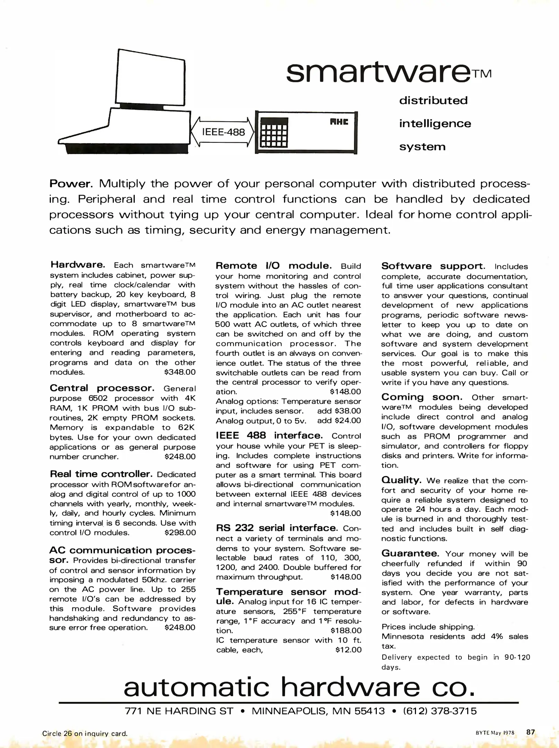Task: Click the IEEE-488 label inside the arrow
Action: tap(223, 132)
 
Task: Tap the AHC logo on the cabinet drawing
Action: tap(339, 122)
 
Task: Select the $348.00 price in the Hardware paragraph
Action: tap(180, 372)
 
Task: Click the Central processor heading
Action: tap(102, 388)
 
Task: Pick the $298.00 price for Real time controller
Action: tap(180, 533)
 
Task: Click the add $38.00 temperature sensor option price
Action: tap(339, 411)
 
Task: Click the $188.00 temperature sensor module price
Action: tap(346, 631)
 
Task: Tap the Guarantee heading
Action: tap(410, 553)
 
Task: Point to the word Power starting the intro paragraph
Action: tap(71, 183)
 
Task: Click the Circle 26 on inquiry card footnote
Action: tap(85, 733)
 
